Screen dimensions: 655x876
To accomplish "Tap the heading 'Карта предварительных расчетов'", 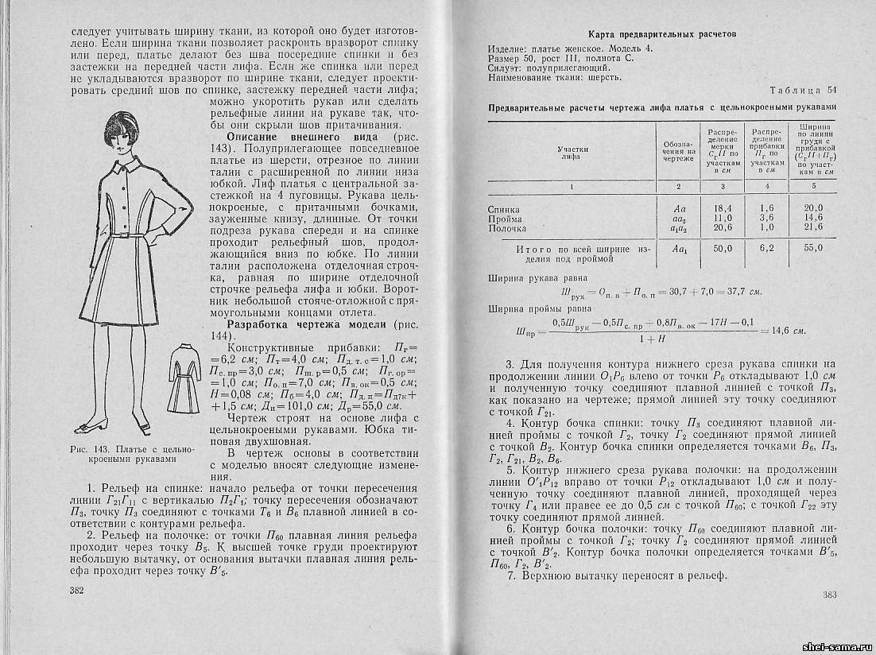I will point(661,34).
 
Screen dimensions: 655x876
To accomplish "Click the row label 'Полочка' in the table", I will point(508,228).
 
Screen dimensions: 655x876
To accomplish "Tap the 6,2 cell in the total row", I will point(767,249).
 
